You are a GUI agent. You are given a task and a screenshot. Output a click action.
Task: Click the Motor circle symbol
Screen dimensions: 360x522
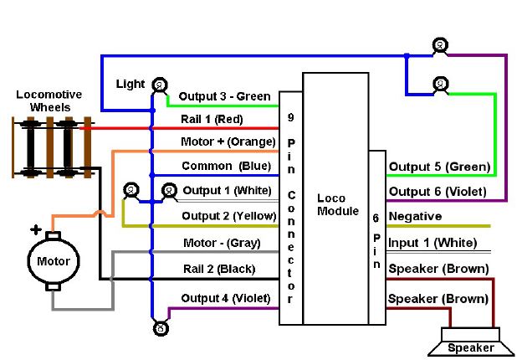click(x=53, y=261)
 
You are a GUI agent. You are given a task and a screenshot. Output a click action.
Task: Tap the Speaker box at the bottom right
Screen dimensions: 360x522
click(x=471, y=347)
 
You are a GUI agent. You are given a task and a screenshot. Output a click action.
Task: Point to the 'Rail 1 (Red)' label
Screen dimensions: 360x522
click(x=212, y=119)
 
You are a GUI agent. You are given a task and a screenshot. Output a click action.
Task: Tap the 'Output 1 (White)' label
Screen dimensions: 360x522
click(x=227, y=190)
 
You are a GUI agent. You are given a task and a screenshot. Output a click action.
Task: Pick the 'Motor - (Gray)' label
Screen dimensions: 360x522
click(x=221, y=244)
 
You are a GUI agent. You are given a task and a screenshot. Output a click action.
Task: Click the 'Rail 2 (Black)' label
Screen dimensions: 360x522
click(x=218, y=269)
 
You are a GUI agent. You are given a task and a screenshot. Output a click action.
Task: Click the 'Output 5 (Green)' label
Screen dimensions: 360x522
click(x=439, y=167)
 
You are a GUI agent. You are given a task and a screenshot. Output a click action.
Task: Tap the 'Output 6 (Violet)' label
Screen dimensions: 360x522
click(x=439, y=192)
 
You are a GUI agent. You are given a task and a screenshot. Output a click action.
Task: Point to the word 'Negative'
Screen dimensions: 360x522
click(x=416, y=217)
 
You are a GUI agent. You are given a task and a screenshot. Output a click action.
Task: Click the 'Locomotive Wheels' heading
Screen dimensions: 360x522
click(x=49, y=100)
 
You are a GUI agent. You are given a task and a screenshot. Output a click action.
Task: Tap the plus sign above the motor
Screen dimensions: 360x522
click(x=36, y=229)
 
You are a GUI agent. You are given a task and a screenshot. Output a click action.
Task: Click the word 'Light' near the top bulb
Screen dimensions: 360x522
click(x=130, y=85)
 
